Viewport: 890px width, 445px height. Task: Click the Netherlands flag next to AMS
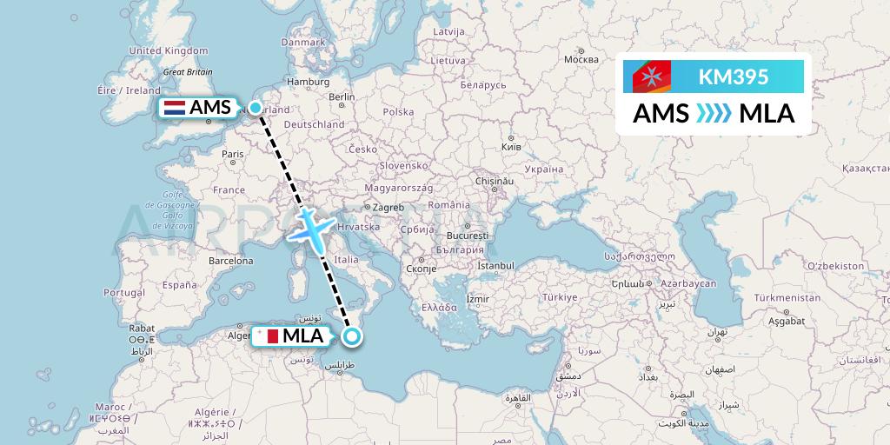(174, 108)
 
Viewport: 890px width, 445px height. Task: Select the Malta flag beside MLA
(267, 335)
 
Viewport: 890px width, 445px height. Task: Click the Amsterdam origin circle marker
(256, 108)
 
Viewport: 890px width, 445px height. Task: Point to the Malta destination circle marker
(351, 336)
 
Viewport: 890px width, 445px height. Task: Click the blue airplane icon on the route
(309, 228)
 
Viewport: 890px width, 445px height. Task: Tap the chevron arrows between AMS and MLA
(713, 113)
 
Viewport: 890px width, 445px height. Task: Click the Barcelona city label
(230, 261)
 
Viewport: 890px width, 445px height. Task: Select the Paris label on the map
(231, 154)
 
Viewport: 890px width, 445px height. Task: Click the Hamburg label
(306, 82)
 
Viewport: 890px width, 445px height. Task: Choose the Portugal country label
(123, 293)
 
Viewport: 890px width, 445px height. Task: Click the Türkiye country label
(560, 297)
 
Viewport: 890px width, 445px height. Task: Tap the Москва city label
(581, 59)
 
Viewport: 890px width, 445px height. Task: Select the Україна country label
(545, 169)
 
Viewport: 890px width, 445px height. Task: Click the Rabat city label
(142, 329)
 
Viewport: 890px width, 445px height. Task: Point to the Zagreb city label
(388, 208)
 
